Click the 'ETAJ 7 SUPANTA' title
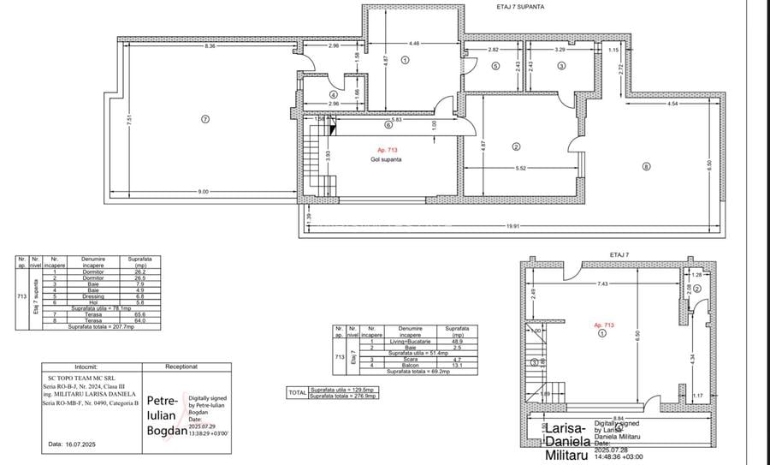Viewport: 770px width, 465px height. coord(521,6)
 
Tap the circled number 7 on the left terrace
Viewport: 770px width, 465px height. coord(205,119)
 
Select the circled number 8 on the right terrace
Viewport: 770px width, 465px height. coord(646,166)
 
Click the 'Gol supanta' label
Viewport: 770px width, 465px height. coord(387,159)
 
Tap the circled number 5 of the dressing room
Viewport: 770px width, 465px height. coord(495,66)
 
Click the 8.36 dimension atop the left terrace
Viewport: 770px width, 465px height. coord(210,45)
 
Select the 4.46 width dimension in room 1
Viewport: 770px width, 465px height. coord(414,43)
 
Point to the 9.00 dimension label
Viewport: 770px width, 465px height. coord(203,192)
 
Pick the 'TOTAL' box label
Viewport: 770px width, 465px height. coord(297,393)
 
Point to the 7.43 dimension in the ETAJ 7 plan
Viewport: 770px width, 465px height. coord(603,283)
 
